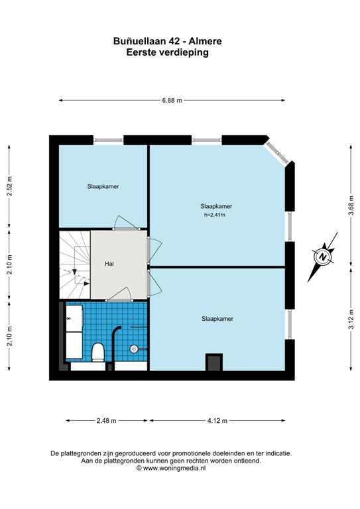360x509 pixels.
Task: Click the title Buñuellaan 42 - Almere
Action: click(168, 41)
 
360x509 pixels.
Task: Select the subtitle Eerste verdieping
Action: click(168, 53)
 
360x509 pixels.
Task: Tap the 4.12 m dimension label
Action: click(216, 420)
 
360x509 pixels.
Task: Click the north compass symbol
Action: click(323, 256)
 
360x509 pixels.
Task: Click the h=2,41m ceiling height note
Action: click(215, 215)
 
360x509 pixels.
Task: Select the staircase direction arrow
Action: click(74, 272)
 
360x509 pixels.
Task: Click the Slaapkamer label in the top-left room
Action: click(103, 187)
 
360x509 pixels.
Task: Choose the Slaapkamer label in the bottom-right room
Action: click(217, 319)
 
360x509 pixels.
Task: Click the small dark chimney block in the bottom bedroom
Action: click(213, 362)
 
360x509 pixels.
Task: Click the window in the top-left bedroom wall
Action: click(109, 139)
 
